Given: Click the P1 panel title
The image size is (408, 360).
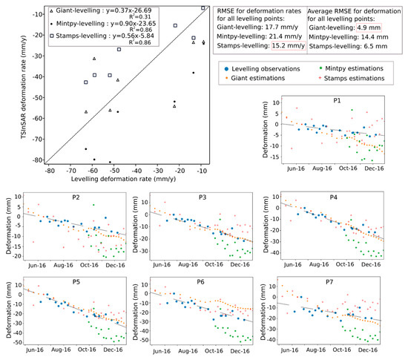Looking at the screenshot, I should [337, 100].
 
